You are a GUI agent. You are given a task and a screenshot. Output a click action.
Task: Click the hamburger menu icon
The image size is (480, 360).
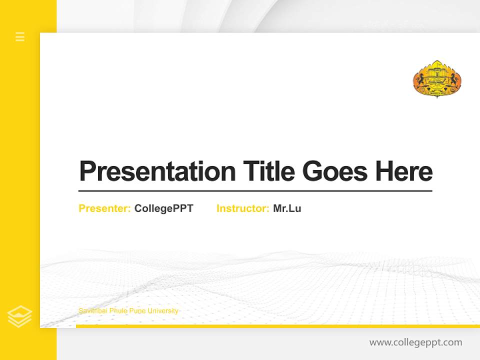click(x=20, y=36)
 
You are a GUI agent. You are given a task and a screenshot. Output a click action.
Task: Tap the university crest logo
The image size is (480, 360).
click(x=437, y=79)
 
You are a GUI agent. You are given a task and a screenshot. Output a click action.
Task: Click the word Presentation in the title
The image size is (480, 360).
click(x=157, y=171)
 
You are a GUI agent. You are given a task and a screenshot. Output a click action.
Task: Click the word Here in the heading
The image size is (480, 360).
click(x=404, y=171)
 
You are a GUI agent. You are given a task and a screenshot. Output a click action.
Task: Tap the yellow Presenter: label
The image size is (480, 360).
click(x=104, y=208)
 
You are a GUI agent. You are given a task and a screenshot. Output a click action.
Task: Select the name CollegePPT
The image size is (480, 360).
click(x=163, y=208)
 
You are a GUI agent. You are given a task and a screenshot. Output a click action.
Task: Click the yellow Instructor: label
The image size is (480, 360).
click(x=242, y=208)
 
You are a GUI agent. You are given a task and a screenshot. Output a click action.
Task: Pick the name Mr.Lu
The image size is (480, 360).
click(x=287, y=208)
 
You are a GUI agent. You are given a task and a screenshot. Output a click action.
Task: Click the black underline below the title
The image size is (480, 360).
click(x=255, y=191)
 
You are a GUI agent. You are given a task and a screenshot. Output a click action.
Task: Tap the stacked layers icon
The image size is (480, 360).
click(x=20, y=316)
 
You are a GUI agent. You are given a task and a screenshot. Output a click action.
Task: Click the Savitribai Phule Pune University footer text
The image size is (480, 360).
click(x=128, y=311)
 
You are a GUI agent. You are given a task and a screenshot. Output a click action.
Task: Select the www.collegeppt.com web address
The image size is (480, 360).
click(x=415, y=342)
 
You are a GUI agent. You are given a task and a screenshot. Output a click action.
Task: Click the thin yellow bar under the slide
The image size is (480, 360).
click(x=277, y=326)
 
